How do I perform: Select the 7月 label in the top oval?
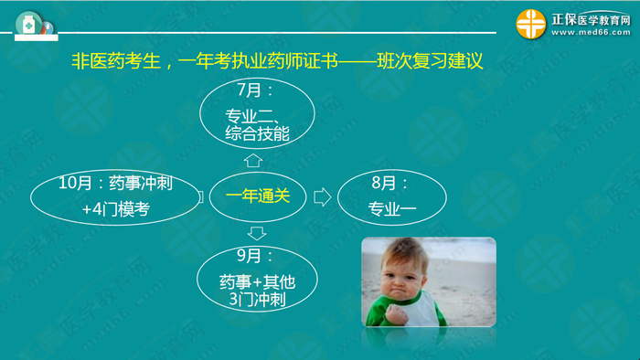(256, 93)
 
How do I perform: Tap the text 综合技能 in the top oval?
(257, 133)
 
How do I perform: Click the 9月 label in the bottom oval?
(258, 256)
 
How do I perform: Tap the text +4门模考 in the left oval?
(115, 211)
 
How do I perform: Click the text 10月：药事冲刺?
(115, 183)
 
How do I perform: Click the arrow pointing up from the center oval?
(253, 161)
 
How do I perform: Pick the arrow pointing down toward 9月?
(257, 232)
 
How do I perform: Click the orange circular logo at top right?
(530, 25)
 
